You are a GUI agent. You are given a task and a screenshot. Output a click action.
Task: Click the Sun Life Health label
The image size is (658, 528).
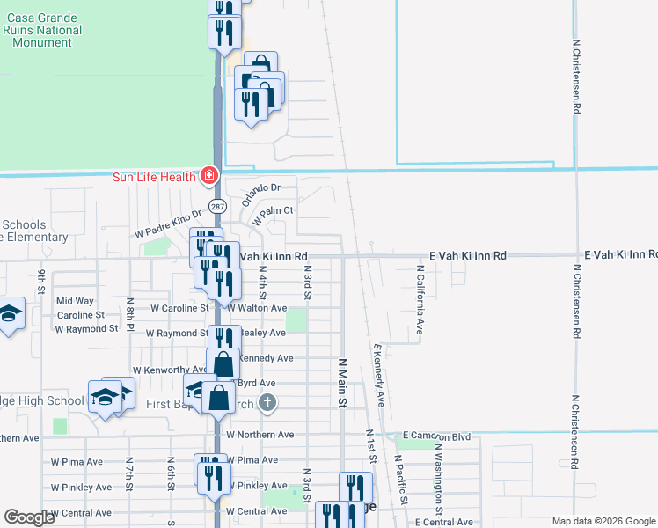coord(155,176)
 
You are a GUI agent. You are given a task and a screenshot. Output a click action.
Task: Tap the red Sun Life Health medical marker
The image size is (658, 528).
coord(209,175)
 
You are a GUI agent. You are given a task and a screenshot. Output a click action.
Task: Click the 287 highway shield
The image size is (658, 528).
coord(216,206)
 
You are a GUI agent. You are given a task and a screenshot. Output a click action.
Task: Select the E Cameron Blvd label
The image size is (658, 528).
coord(437,436)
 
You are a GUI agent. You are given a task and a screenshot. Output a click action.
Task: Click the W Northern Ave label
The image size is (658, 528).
coord(260,435)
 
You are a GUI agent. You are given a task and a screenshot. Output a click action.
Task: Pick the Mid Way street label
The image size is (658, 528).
coord(75,301)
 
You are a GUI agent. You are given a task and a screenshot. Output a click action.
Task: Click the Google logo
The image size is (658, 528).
coord(29,517)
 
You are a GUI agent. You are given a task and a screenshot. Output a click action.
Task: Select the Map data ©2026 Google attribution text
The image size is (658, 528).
coord(603,521)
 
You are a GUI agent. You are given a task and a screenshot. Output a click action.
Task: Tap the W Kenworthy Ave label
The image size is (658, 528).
coord(170,371)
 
